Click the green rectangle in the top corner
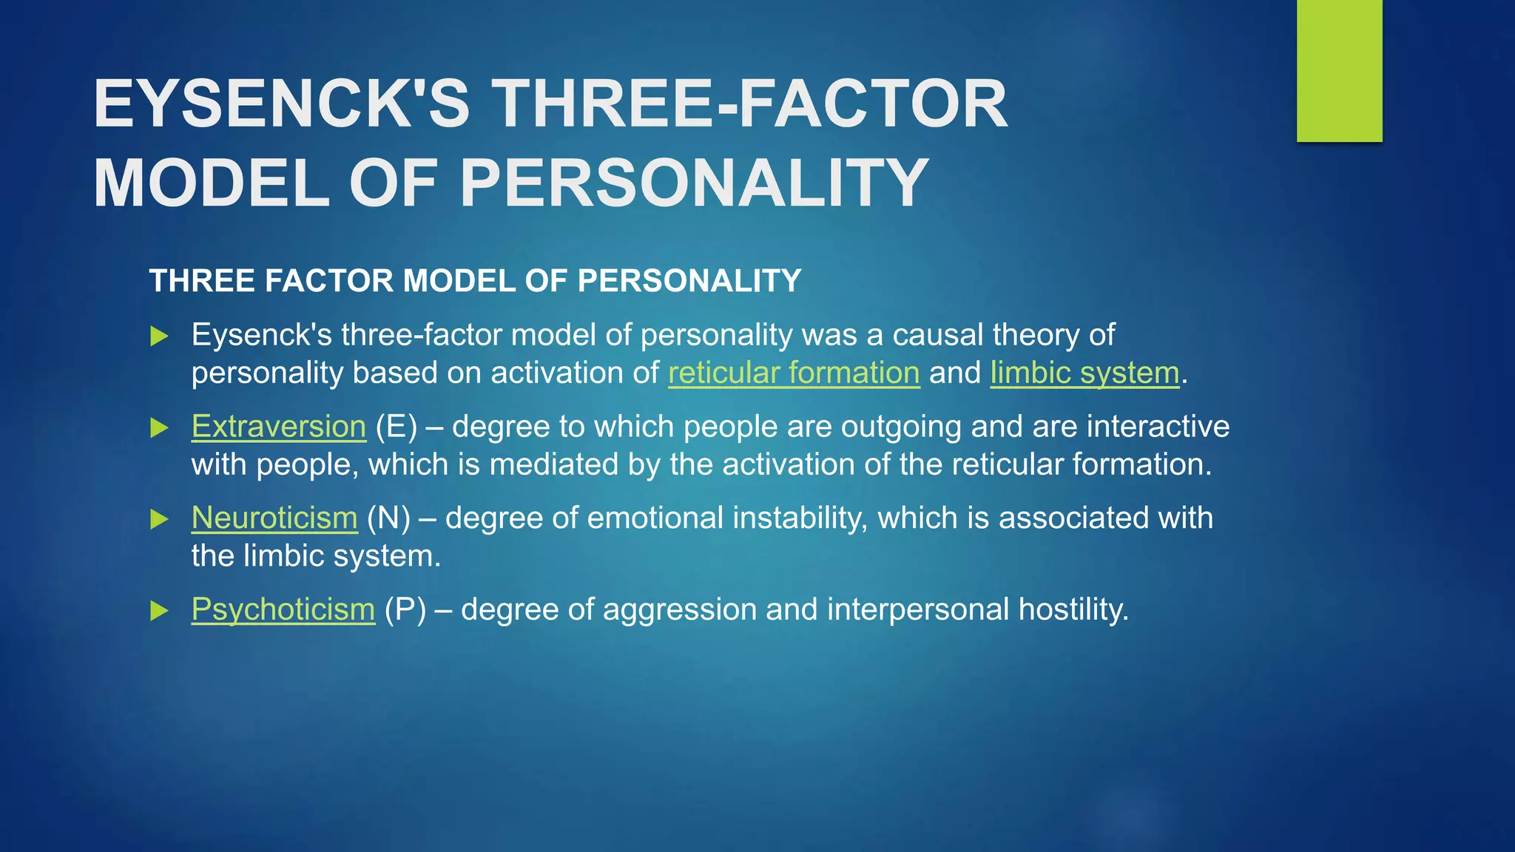pyautogui.click(x=1339, y=70)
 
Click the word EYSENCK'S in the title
pyautogui.click(x=281, y=104)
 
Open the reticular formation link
pyautogui.click(x=794, y=373)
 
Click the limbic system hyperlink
pyautogui.click(x=1084, y=373)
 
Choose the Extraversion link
pyautogui.click(x=279, y=427)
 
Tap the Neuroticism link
pyautogui.click(x=274, y=518)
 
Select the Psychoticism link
pyautogui.click(x=283, y=609)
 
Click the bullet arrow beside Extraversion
pyautogui.click(x=159, y=427)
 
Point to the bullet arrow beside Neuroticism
pyautogui.click(x=159, y=519)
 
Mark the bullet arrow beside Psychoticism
pyautogui.click(x=159, y=611)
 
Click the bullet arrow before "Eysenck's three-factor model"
pyautogui.click(x=159, y=337)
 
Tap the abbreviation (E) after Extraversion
pyautogui.click(x=396, y=427)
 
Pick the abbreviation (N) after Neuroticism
pyautogui.click(x=388, y=518)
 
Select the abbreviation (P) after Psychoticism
pyautogui.click(x=405, y=609)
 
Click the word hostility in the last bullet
pyautogui.click(x=1073, y=609)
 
